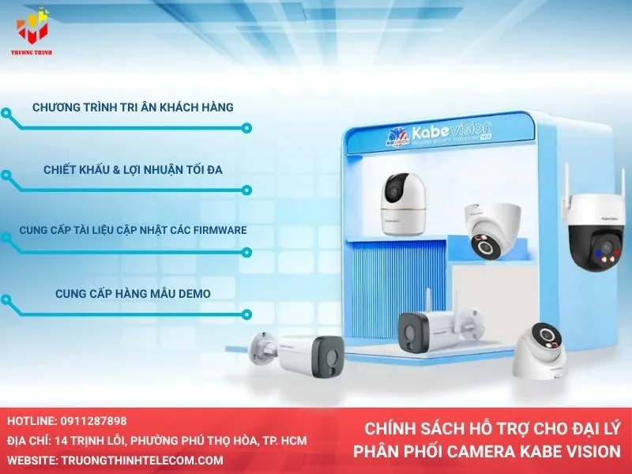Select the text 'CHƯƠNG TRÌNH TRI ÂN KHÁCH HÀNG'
[x=133, y=107]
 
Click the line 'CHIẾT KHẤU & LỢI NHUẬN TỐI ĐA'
[x=133, y=169]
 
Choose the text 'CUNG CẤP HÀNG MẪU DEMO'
[x=133, y=293]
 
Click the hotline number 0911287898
[x=94, y=422]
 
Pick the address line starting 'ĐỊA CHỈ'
[x=158, y=441]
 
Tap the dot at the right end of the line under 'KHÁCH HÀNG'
[x=247, y=127]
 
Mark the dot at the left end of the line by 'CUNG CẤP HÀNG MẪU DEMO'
[x=6, y=300]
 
